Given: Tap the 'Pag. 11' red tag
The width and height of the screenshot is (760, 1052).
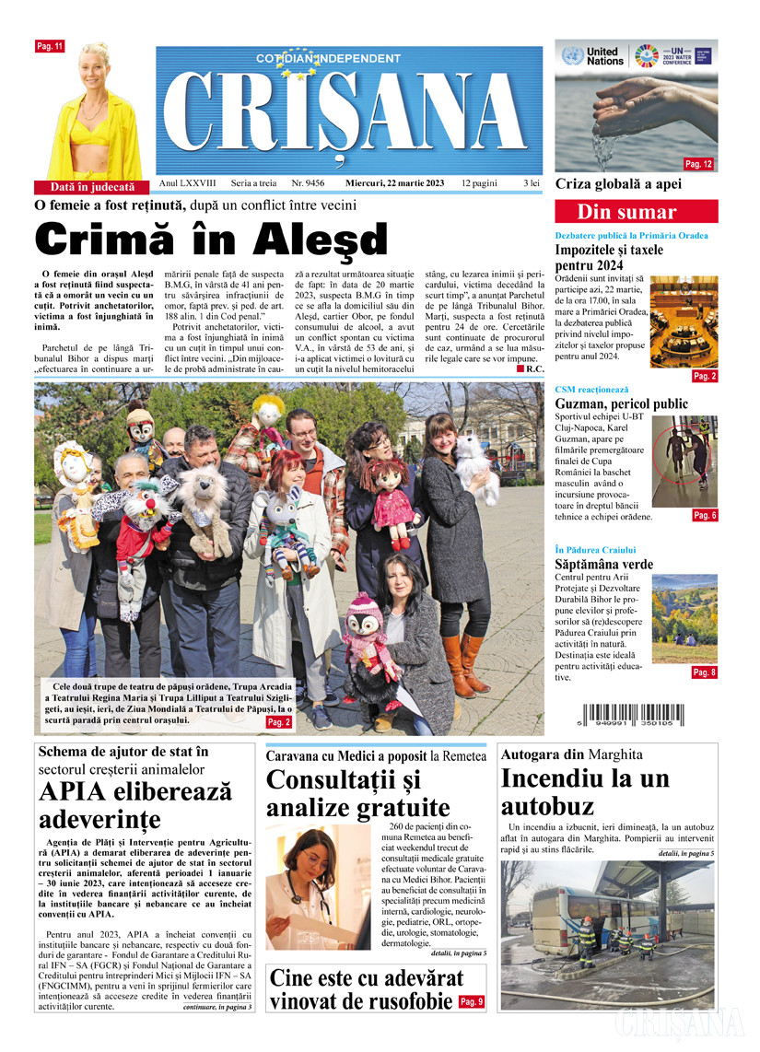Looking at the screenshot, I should click(x=49, y=46).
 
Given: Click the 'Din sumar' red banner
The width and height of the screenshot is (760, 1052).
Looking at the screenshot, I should click(x=636, y=212).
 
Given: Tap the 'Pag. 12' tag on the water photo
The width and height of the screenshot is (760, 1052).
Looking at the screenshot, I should click(x=699, y=164).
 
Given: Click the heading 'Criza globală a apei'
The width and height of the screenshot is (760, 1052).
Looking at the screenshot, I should click(x=618, y=184).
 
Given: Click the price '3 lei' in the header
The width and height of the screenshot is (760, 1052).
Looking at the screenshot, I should click(x=532, y=183).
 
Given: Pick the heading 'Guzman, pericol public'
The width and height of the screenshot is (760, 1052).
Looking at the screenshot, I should click(x=622, y=404).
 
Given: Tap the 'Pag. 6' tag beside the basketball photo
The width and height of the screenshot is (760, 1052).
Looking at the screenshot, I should click(x=704, y=515).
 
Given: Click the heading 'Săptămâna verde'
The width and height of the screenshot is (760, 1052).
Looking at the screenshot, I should click(x=603, y=564).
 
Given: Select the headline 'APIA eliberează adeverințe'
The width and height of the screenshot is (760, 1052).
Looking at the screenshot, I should click(x=135, y=805).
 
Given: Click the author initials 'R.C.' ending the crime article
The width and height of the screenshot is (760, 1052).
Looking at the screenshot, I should click(x=533, y=368).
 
